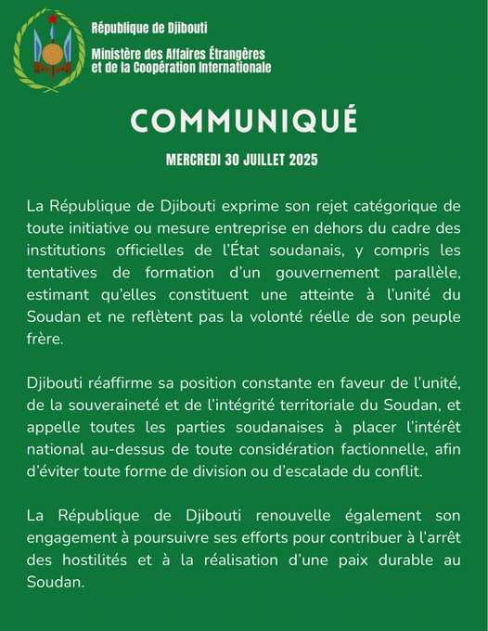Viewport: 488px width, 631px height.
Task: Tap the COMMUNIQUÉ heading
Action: (x=244, y=120)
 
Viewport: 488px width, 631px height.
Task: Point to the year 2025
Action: (x=302, y=160)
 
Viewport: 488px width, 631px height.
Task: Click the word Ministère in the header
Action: (x=118, y=54)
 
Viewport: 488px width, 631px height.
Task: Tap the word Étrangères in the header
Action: (x=231, y=54)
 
